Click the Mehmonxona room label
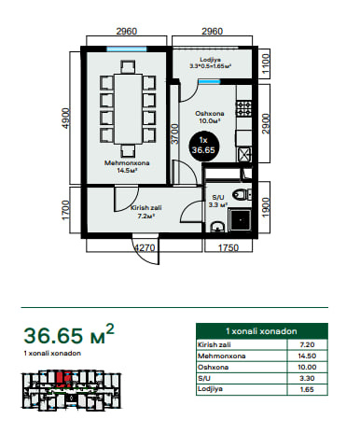[127, 163]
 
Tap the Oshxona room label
[210, 114]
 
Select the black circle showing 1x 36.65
[203, 147]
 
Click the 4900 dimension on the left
[66, 119]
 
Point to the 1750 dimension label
[228, 248]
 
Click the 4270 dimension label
[145, 248]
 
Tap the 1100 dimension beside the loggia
[266, 63]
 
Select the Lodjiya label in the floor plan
[210, 60]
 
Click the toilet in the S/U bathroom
[242, 195]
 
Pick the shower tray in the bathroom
[240, 220]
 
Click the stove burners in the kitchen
[244, 108]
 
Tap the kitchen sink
[244, 154]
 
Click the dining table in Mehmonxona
[128, 108]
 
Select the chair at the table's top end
[128, 66]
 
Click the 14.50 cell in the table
[307, 356]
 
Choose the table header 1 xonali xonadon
[261, 331]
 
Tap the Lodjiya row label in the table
[210, 389]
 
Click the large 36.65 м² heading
[69, 334]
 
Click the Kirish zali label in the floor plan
[146, 208]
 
